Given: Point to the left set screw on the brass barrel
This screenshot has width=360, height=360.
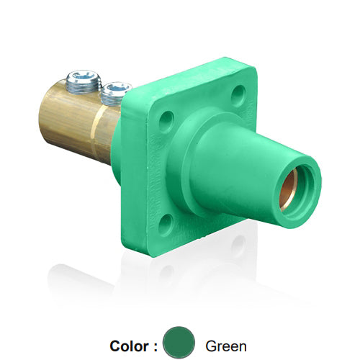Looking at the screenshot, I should (x=83, y=81).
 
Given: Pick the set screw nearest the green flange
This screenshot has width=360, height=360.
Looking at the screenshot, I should (x=114, y=92).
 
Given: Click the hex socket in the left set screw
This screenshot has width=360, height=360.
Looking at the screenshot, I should (x=83, y=75).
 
